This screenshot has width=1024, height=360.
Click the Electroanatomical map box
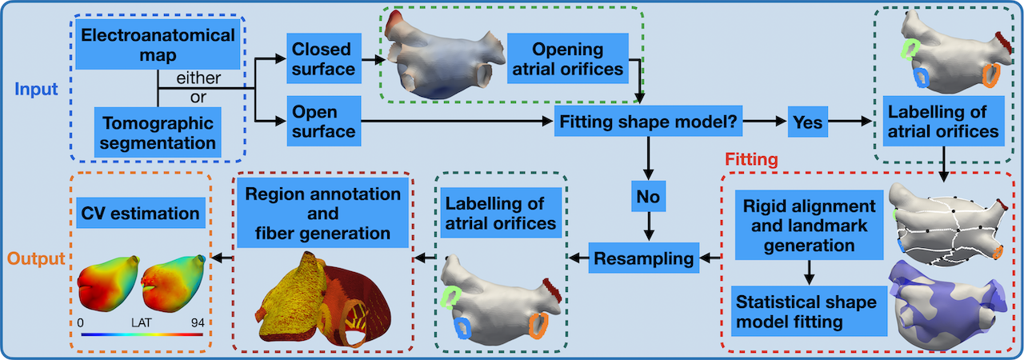point(158,47)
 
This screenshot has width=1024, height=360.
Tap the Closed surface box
point(322,58)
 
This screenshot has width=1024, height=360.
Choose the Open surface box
point(322,121)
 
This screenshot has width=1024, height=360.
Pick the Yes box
point(807,122)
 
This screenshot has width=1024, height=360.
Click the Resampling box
point(643,258)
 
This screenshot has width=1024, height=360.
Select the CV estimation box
point(141,214)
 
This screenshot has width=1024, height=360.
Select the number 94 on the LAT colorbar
point(194,320)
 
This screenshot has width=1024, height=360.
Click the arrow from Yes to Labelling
point(852,122)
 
